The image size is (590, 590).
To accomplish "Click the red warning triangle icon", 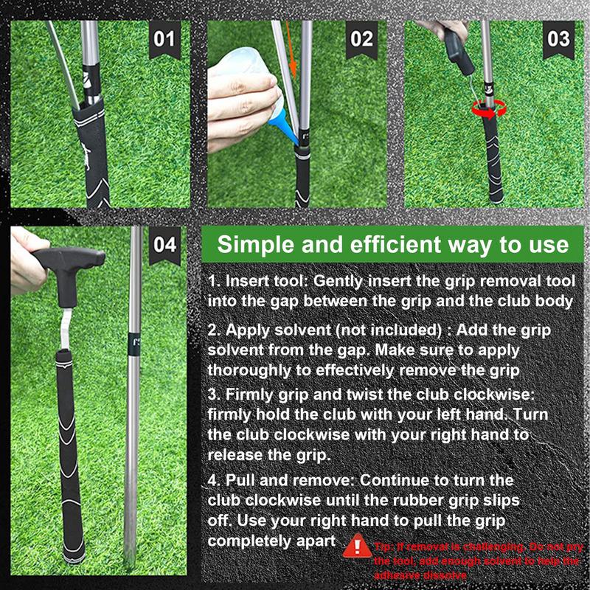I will coord(357,547).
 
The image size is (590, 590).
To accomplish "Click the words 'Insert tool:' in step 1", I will coord(265,282).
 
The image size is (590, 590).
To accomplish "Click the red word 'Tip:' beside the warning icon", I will coord(385,546).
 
